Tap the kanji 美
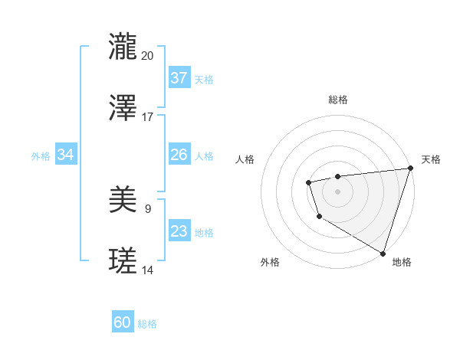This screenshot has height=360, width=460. pyautogui.click(x=123, y=199)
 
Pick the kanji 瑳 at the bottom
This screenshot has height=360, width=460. pyautogui.click(x=123, y=260)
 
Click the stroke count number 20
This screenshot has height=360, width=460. pyautogui.click(x=148, y=55)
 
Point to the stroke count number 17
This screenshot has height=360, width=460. pyautogui.click(x=148, y=117)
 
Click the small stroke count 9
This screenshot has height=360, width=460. pyautogui.click(x=148, y=208)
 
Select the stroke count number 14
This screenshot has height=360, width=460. pyautogui.click(x=148, y=270)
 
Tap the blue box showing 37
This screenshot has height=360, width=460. pyautogui.click(x=179, y=78)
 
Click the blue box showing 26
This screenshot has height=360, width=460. pyautogui.click(x=179, y=155)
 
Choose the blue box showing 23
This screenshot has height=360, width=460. pyautogui.click(x=179, y=231)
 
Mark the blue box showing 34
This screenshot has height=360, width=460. pyautogui.click(x=66, y=155)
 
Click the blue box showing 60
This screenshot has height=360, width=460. pyautogui.click(x=123, y=322)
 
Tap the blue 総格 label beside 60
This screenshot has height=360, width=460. pyautogui.click(x=147, y=324)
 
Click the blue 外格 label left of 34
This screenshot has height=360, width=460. pyautogui.click(x=41, y=156)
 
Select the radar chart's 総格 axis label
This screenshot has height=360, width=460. pyautogui.click(x=338, y=100)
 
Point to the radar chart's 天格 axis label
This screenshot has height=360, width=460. pyautogui.click(x=431, y=159)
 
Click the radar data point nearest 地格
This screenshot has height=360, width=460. pyautogui.click(x=383, y=252)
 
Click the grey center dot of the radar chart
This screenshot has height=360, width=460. pyautogui.click(x=337, y=191)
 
